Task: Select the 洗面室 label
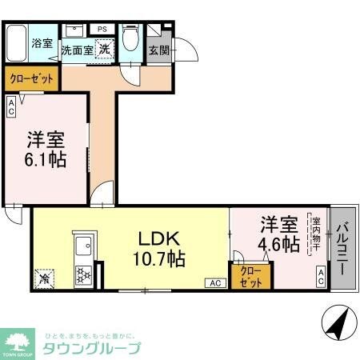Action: pos(78,50)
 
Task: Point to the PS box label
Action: pos(102,29)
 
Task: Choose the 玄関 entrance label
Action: pos(158,50)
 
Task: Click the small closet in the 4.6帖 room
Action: pos(246,275)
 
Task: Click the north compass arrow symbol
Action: pos(337,324)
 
